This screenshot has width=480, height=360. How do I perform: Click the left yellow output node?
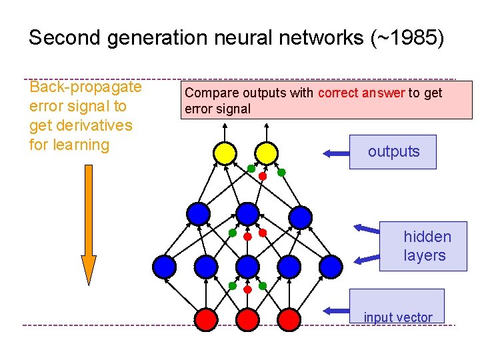(225, 153)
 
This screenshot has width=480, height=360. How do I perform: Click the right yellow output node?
(267, 153)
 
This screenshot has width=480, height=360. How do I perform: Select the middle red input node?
(247, 319)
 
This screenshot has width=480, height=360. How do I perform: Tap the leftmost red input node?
(206, 319)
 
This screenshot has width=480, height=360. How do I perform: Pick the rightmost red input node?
(289, 319)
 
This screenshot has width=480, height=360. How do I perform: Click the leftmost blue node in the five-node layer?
(165, 266)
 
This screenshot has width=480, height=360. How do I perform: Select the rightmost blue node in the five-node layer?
(330, 266)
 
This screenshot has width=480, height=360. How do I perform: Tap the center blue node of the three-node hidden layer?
(247, 214)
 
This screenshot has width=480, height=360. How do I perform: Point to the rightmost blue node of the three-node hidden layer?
(301, 216)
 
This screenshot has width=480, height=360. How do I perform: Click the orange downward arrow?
(89, 227)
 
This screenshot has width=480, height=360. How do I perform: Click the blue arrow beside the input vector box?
(336, 310)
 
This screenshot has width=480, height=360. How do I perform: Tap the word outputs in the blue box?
(393, 152)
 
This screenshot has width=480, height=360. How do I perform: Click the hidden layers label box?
(423, 246)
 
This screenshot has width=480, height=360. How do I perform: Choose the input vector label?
(398, 317)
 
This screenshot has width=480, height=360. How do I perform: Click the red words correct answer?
(361, 93)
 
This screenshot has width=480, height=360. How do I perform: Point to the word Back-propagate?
(85, 87)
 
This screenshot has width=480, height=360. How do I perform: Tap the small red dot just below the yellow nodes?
(263, 177)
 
